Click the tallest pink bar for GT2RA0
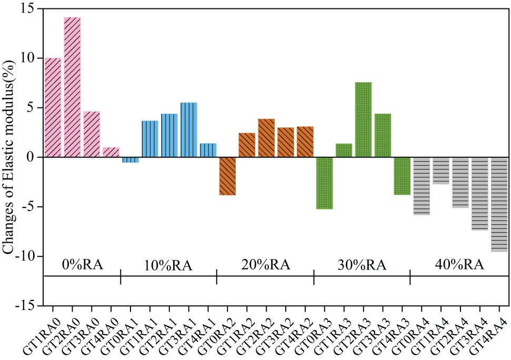click(x=72, y=87)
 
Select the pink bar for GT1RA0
click(x=53, y=107)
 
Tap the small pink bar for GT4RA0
click(x=111, y=152)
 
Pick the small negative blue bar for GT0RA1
click(x=131, y=160)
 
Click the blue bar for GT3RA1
click(x=188, y=130)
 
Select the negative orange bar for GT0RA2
click(x=227, y=176)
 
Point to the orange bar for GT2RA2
click(x=266, y=138)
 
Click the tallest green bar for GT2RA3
click(x=363, y=120)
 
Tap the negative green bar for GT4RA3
click(x=402, y=176)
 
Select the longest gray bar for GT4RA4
click(x=499, y=204)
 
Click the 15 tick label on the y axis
click(x=30, y=8)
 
